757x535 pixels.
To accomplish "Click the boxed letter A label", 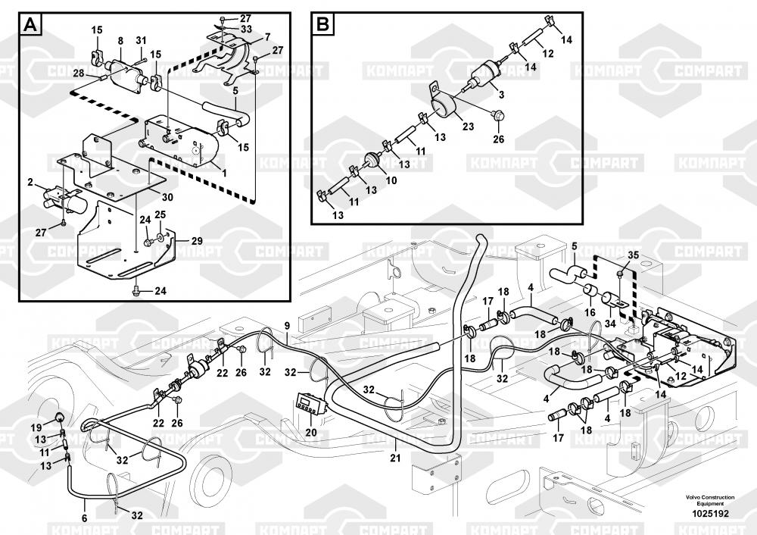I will click(31, 25).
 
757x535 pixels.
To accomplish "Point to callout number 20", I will click(311, 433).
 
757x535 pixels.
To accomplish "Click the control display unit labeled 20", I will click(309, 405).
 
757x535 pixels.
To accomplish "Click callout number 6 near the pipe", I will click(84, 518).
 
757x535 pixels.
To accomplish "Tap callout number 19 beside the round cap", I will click(36, 428).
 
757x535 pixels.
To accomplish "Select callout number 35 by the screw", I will click(634, 255).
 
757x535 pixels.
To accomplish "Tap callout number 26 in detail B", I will click(497, 139).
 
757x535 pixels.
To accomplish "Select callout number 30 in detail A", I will click(167, 197).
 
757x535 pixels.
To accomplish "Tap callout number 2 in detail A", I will click(30, 183).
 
